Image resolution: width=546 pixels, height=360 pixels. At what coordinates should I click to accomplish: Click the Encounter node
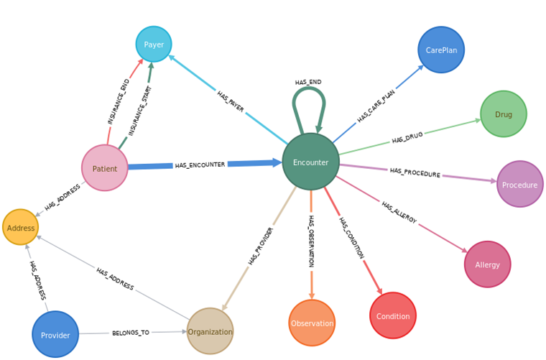point(310,162)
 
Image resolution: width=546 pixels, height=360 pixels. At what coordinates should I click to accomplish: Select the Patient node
point(104,168)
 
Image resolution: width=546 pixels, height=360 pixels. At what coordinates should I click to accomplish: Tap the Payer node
point(154,44)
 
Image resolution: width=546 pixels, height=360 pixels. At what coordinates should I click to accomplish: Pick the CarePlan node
point(441,50)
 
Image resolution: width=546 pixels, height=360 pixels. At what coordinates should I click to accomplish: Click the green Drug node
point(503,114)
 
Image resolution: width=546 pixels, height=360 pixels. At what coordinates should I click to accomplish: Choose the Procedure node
point(519,184)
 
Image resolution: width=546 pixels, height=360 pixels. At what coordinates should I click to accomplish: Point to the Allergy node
point(487,264)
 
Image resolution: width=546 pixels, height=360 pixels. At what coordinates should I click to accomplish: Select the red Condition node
point(392,315)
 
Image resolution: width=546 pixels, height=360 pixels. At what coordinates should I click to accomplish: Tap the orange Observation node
point(312,323)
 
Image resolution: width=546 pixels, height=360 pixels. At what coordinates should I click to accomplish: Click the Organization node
point(210,331)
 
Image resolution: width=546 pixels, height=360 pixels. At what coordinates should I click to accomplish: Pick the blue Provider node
point(55,334)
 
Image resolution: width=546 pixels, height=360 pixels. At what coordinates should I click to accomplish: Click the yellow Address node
point(21,228)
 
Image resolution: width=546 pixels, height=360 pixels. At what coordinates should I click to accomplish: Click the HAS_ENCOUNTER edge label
point(200,165)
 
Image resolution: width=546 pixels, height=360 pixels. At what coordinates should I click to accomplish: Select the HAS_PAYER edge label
point(231,101)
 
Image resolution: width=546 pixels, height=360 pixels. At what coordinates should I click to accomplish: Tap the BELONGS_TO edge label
point(130,333)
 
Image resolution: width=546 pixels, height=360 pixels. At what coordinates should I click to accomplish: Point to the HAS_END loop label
point(308,82)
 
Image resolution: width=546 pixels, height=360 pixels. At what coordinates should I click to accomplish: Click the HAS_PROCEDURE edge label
point(415,172)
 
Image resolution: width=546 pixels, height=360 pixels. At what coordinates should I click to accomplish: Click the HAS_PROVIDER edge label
point(260,246)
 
